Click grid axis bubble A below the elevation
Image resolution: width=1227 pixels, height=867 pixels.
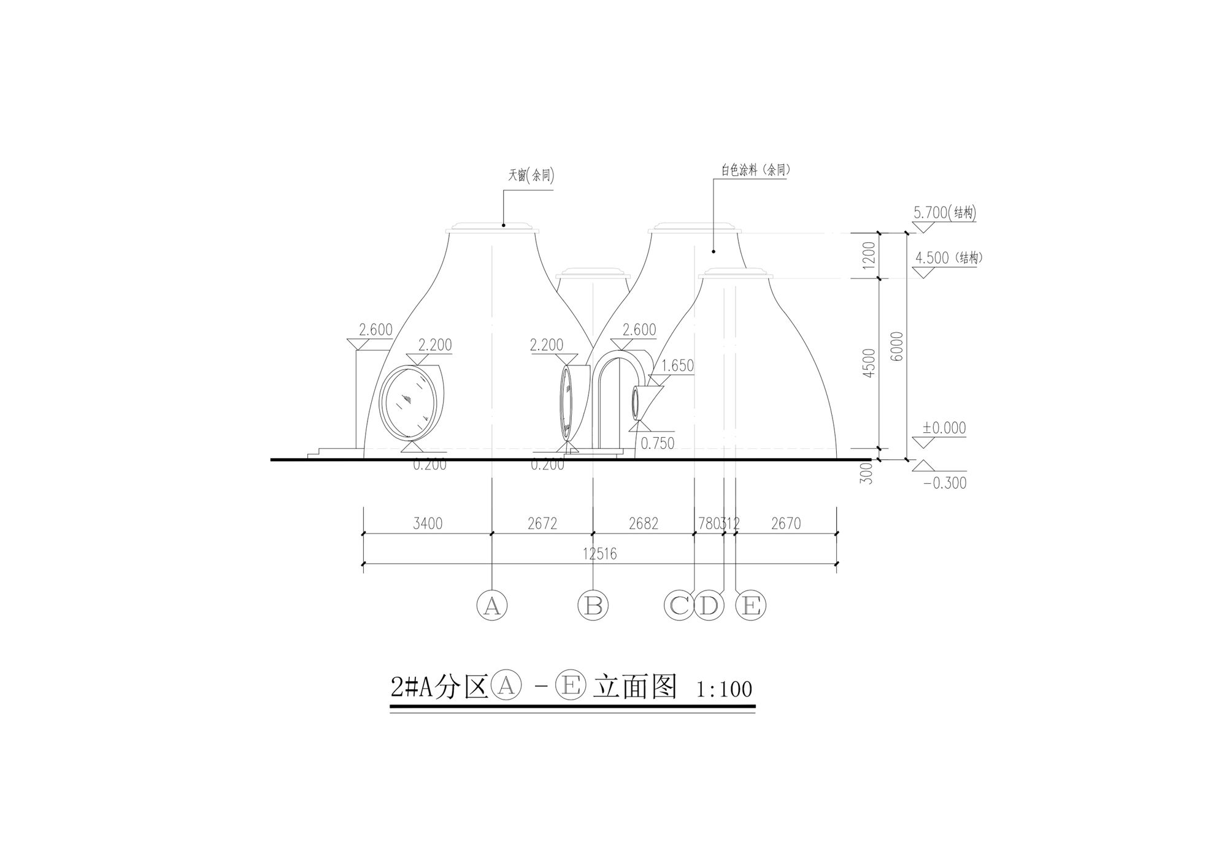coord(492,606)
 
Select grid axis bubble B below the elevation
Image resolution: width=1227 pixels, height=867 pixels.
coord(593,606)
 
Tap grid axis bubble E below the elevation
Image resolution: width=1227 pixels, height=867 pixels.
coord(751,606)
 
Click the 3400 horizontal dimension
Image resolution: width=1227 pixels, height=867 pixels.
coord(428,524)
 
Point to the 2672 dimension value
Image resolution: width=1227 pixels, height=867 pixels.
coord(542,524)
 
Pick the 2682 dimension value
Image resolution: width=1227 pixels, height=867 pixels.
coord(644,524)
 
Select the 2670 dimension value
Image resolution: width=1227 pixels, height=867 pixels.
coord(786,524)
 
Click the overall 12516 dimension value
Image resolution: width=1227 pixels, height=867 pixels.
coord(600,554)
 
